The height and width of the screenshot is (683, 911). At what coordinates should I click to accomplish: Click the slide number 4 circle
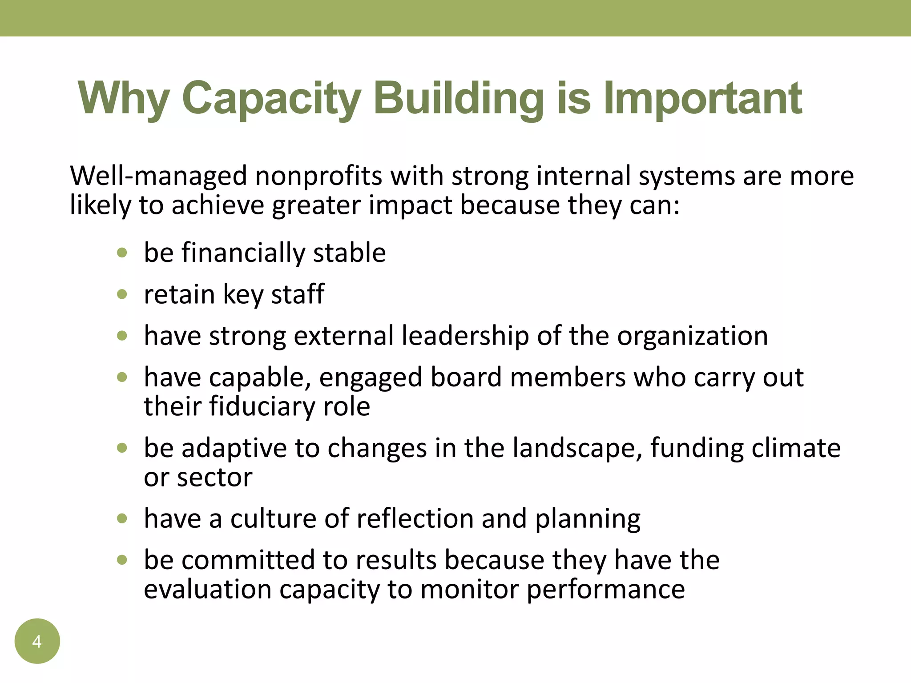(x=37, y=641)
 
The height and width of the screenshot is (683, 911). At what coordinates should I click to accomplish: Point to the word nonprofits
(x=318, y=176)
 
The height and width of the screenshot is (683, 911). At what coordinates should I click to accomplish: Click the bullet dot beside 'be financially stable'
(x=122, y=253)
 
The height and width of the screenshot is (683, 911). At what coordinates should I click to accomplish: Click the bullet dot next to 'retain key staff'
(x=122, y=294)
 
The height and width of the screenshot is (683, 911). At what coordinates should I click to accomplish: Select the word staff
(x=298, y=294)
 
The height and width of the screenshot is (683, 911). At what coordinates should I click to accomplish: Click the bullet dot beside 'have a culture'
(x=122, y=518)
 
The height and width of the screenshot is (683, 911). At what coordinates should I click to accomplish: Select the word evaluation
(x=208, y=589)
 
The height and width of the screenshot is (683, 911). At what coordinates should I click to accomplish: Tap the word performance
(x=605, y=590)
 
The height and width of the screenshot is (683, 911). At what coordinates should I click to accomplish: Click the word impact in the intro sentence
(x=410, y=205)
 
